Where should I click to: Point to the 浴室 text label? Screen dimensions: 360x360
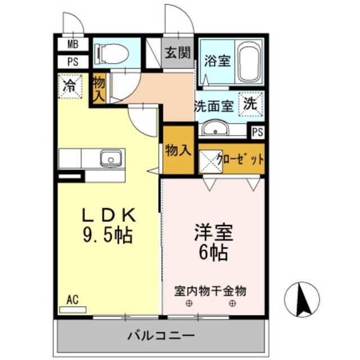click(x=217, y=60)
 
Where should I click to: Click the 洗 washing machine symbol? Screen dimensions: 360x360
click(x=250, y=103)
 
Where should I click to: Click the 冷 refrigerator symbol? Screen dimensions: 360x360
click(x=70, y=86)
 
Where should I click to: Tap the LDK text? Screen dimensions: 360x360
click(x=109, y=215)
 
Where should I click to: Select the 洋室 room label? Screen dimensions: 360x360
click(x=213, y=233)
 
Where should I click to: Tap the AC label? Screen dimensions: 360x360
click(x=72, y=300)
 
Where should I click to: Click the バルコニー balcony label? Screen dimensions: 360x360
click(x=161, y=336)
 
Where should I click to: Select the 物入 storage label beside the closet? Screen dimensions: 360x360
click(x=178, y=150)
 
